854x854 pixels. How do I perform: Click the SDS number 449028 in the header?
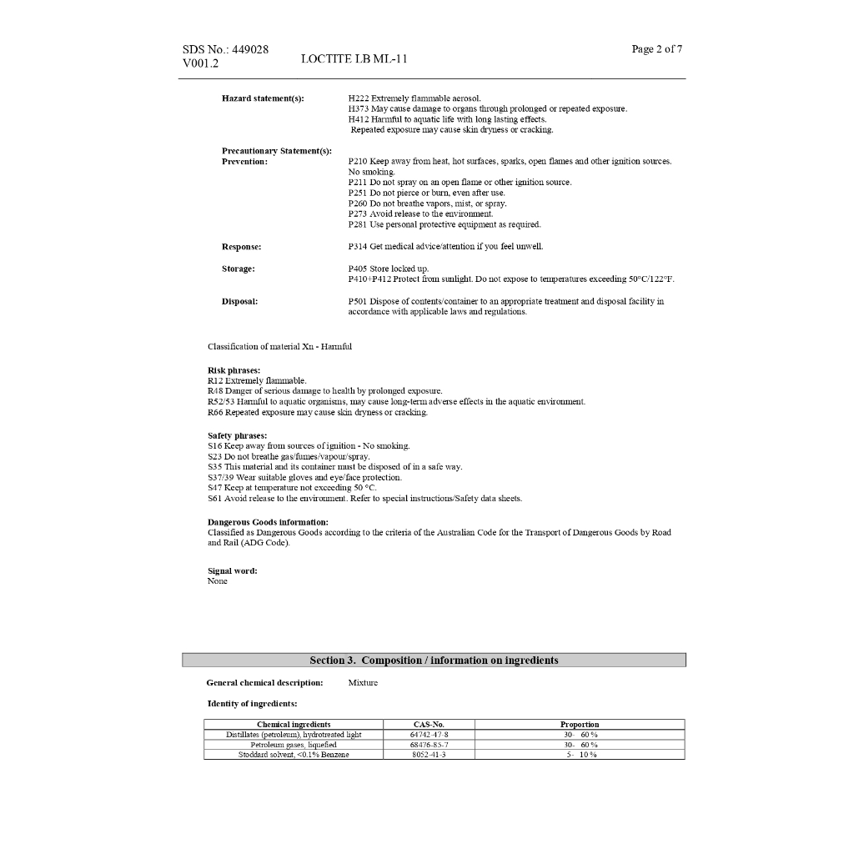[249, 49]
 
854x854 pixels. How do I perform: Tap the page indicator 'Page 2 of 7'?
[657, 49]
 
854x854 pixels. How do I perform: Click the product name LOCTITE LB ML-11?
[354, 59]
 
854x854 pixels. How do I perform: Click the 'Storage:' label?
[239, 269]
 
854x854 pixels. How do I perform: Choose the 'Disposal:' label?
[239, 301]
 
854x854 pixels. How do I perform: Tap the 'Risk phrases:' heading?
[234, 370]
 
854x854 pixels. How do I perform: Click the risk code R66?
[215, 412]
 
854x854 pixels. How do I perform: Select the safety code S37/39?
[220, 477]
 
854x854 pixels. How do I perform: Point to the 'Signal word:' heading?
[232, 570]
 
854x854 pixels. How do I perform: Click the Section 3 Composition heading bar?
[434, 661]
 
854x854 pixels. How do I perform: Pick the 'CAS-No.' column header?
[429, 725]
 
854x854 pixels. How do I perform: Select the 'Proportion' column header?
[580, 725]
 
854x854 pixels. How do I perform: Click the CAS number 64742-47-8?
[429, 735]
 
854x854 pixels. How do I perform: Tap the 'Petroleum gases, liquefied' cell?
[294, 745]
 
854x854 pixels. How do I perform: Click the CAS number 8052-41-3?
[429, 755]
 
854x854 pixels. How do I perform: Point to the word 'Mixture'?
[363, 683]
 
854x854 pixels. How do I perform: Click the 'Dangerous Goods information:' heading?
[268, 522]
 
